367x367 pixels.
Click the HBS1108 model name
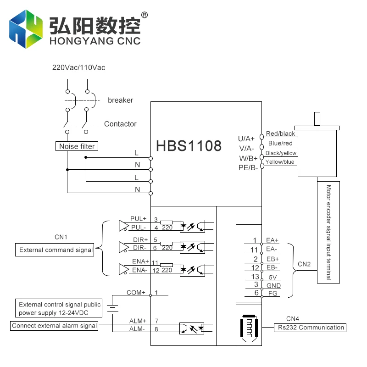(189, 146)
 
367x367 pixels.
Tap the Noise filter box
(77, 146)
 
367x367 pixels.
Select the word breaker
(120, 100)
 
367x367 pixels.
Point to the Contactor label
(120, 124)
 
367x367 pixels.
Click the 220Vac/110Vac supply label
(78, 67)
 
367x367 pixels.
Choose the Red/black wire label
(281, 133)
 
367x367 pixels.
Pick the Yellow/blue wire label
(280, 162)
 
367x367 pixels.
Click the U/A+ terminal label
(246, 139)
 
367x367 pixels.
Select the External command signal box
(56, 250)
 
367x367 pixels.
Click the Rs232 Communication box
(311, 328)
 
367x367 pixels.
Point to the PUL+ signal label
(138, 219)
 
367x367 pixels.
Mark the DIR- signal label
(139, 248)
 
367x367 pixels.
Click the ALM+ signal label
(138, 321)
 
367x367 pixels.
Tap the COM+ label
(136, 292)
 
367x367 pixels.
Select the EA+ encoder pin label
(272, 240)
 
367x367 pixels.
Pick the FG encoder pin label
(272, 294)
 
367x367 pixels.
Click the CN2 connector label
(304, 264)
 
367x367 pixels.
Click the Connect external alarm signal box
(55, 326)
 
